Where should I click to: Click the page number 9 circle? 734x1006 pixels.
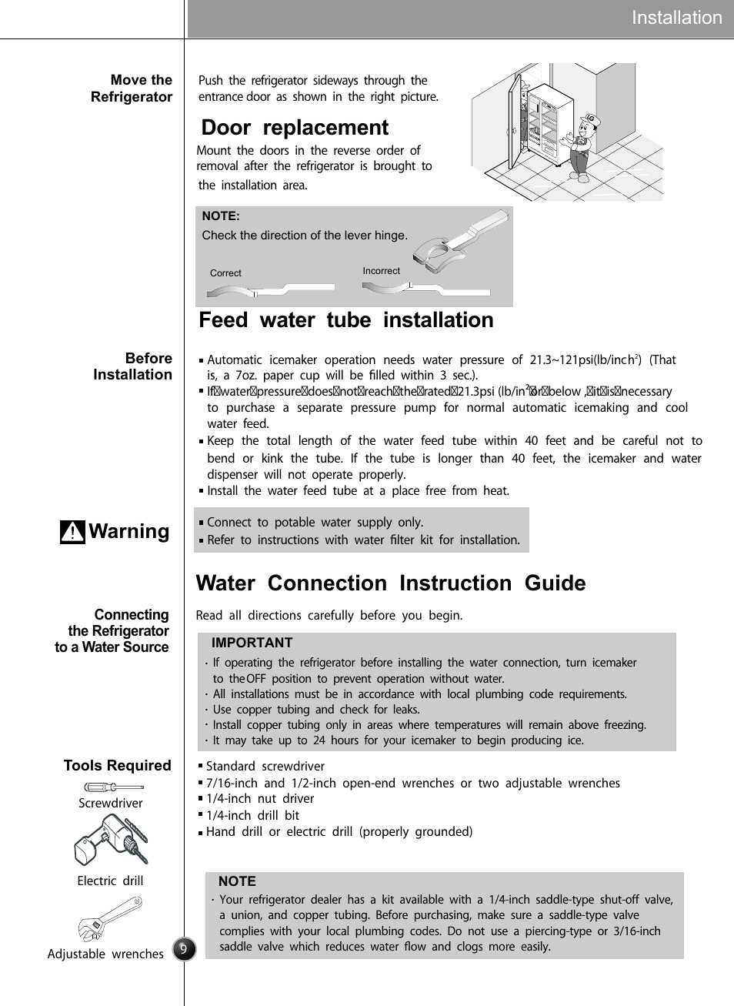pos(184,949)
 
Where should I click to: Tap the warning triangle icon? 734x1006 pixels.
pos(72,532)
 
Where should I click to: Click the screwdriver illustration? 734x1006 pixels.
pos(113,787)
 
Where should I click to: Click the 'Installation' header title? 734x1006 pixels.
pos(676,18)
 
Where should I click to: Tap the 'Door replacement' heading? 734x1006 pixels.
pos(295,128)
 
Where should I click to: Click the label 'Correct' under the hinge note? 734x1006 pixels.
pos(225,273)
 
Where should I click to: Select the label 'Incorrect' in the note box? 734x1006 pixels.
pos(381,271)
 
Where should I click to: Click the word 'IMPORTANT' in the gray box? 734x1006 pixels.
pos(252,643)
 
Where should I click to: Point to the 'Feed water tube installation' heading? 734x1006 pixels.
pos(345,320)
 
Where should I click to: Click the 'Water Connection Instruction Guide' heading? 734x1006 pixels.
pos(390,583)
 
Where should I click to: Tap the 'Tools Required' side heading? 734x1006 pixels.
pos(117,765)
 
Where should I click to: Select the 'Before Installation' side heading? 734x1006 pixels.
pos(132,366)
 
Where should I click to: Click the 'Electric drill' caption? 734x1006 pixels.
pos(110,881)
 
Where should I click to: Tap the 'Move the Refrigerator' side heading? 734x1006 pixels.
pos(132,89)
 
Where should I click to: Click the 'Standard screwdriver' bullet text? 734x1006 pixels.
pos(265,767)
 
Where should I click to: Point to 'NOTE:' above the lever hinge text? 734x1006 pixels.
pos(221,216)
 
